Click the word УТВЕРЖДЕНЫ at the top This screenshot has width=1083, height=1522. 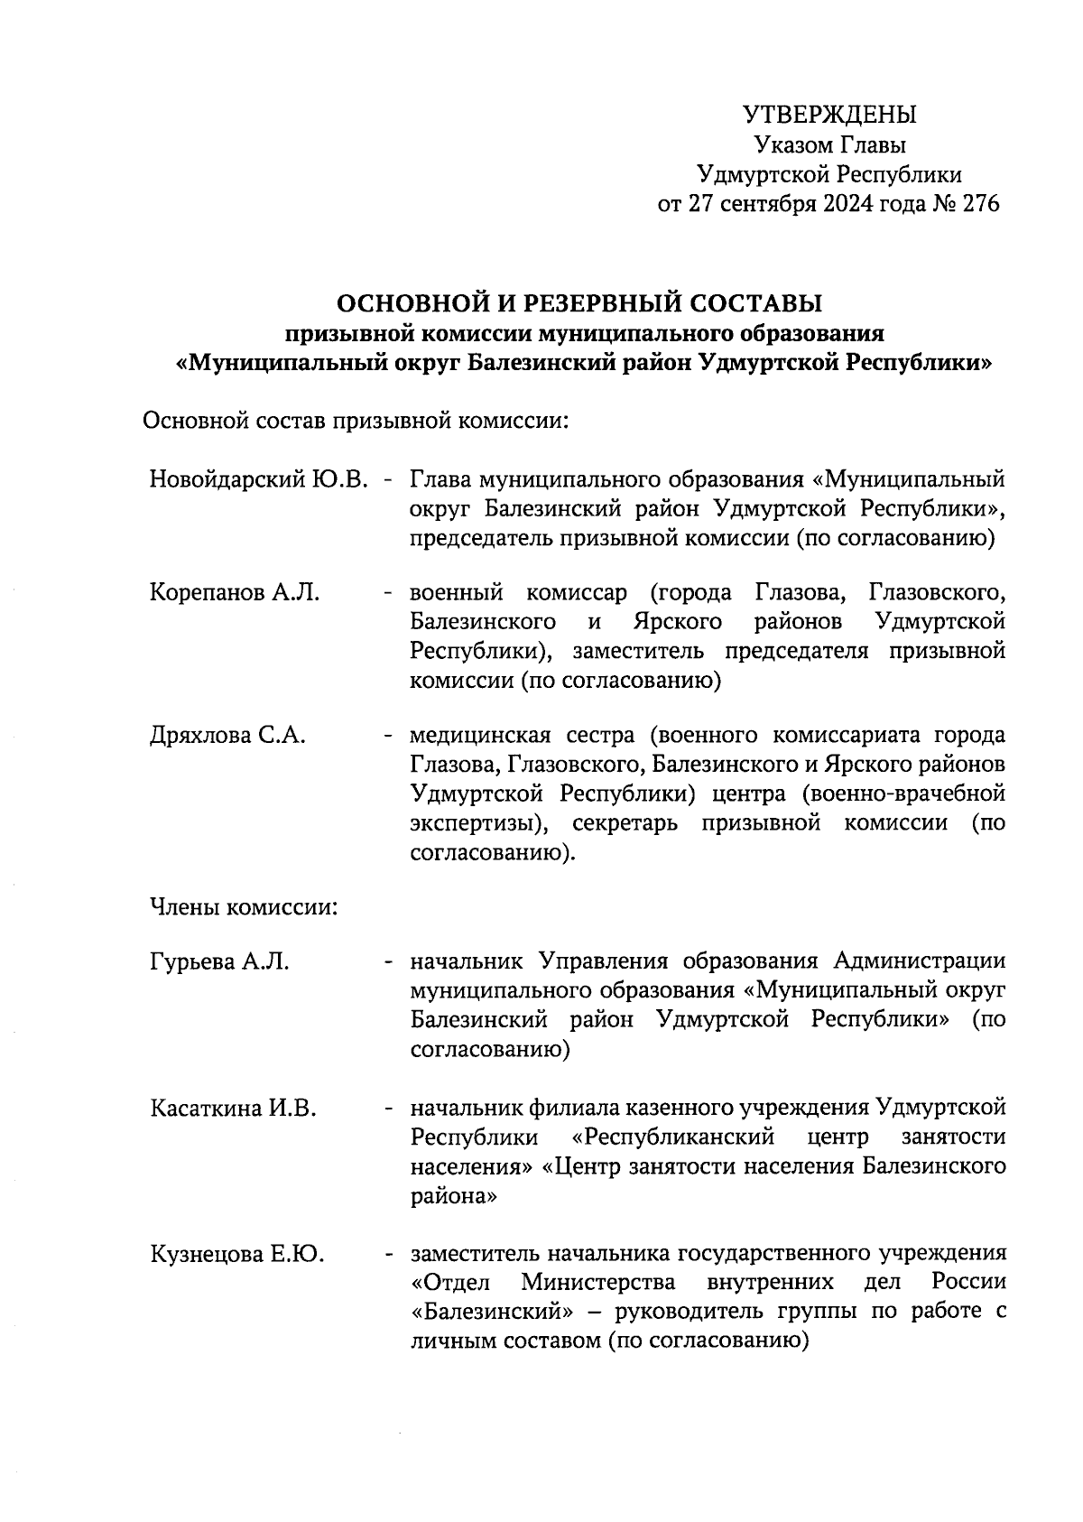(x=829, y=116)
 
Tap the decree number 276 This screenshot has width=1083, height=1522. (x=981, y=204)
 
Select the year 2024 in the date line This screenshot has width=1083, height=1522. (x=841, y=204)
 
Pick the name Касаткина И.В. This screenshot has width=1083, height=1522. (x=233, y=1109)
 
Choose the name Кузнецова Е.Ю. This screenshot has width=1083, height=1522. (x=237, y=1255)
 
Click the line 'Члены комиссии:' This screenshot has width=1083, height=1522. (x=243, y=906)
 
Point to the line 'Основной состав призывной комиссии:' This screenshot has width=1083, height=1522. (x=356, y=421)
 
